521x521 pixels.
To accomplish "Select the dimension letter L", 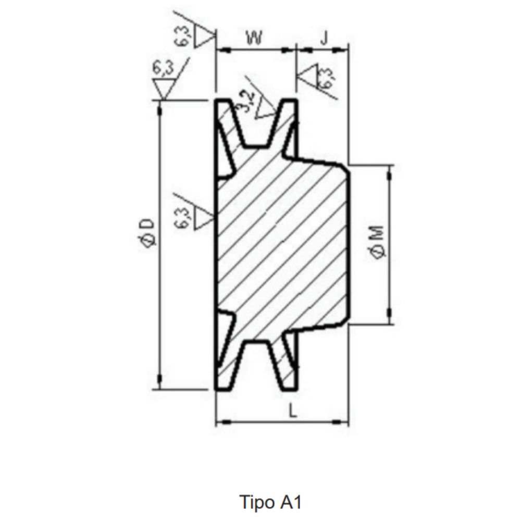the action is (292, 411).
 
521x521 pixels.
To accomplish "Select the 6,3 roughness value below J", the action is (327, 78).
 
